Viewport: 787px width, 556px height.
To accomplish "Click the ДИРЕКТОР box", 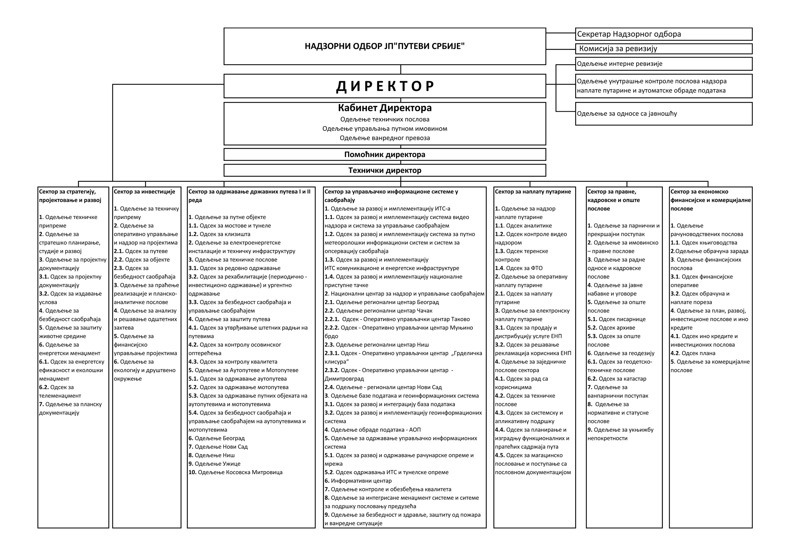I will point(385,86).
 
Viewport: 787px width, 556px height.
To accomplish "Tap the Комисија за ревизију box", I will point(663,49).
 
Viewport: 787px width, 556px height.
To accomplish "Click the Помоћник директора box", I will point(385,154).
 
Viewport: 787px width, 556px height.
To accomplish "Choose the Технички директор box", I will point(385,170).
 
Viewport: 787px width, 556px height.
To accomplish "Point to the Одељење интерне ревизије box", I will point(663,64).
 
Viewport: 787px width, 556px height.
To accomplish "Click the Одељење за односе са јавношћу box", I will point(663,114).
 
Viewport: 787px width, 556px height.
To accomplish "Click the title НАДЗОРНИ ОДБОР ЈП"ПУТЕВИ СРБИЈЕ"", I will point(385,46).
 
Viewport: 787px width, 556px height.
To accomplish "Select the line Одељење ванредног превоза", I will point(385,138).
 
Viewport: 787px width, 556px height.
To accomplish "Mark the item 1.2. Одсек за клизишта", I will point(219,234).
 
